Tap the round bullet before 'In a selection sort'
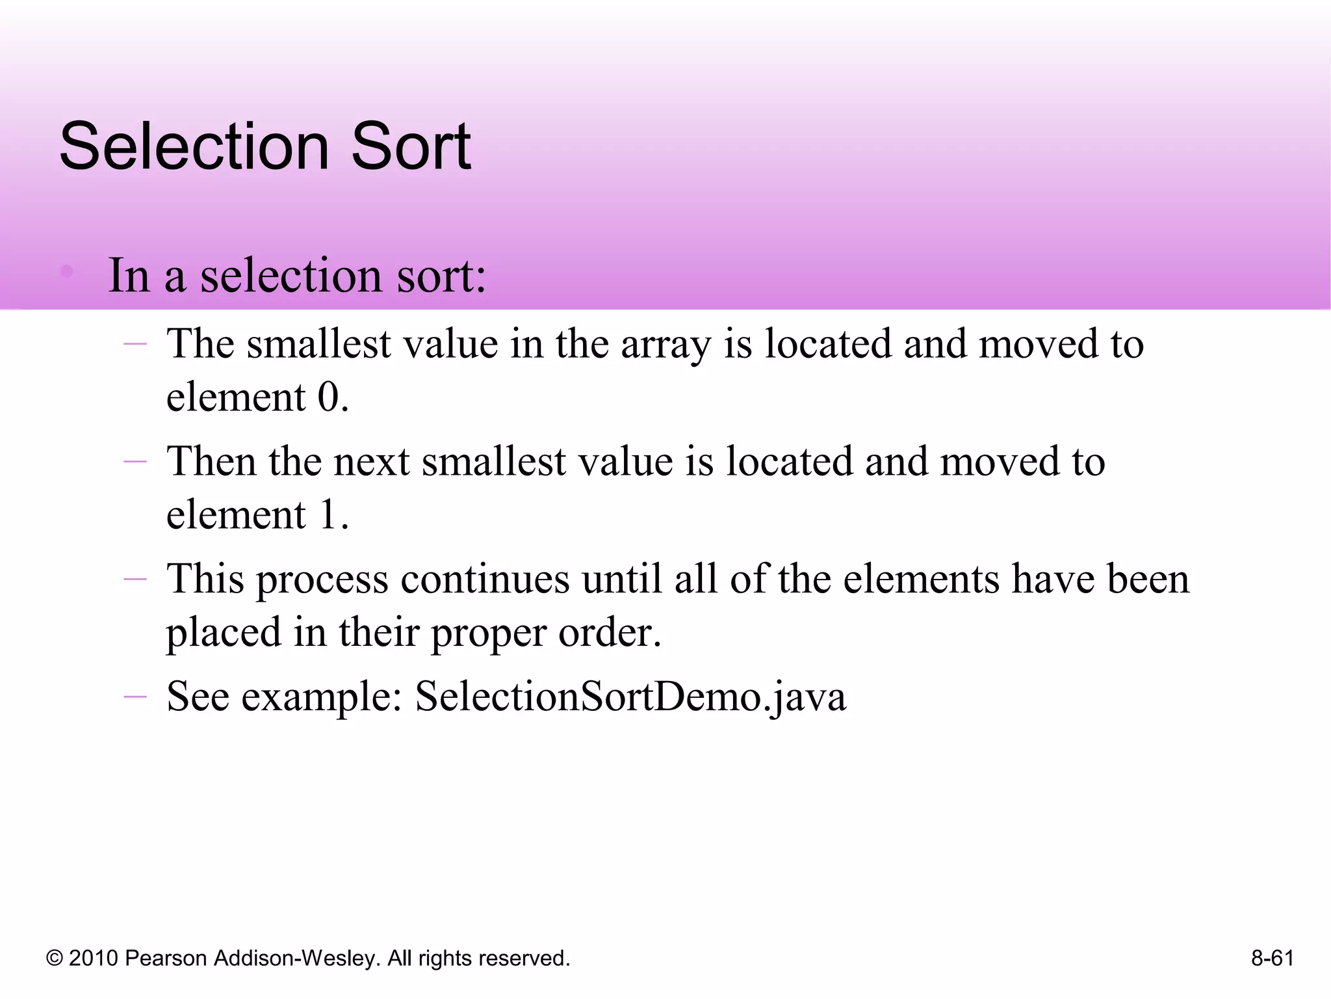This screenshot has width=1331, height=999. [x=66, y=271]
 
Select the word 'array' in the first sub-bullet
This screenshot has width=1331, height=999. [x=665, y=345]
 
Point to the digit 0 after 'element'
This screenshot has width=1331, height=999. [x=329, y=397]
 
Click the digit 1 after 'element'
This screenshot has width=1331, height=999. [x=328, y=514]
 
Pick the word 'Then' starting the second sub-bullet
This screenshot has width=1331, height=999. [x=211, y=462]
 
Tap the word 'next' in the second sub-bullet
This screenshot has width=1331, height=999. [x=371, y=462]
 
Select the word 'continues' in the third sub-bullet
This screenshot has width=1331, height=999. [x=485, y=579]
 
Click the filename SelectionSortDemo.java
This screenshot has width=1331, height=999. [x=630, y=697]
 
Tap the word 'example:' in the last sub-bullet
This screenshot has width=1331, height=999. [x=322, y=697]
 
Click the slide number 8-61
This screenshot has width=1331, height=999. [x=1272, y=958]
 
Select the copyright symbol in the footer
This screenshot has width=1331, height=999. [x=55, y=959]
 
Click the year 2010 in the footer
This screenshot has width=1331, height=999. [x=94, y=958]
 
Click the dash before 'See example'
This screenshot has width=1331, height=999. [x=135, y=697]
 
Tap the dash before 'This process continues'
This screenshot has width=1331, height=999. [x=135, y=579]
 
